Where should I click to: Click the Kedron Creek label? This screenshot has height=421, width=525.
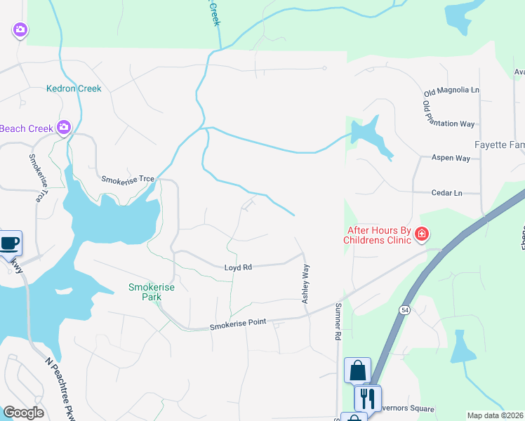74,88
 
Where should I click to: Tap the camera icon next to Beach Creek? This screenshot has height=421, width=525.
65,127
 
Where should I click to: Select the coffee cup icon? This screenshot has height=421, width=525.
9,243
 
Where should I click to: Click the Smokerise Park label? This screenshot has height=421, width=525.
151,292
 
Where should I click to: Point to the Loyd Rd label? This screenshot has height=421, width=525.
237,267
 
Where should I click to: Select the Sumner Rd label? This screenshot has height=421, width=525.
338,321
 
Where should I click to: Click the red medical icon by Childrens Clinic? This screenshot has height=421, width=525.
421,234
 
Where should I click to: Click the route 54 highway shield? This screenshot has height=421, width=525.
405,309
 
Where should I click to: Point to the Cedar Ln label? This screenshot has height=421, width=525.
447,192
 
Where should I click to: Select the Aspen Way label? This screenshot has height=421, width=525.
451,158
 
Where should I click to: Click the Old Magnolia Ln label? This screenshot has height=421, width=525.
451,91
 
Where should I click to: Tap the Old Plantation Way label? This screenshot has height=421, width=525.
448,114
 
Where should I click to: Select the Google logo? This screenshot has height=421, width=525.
23,413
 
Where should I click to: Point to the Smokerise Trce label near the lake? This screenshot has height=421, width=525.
127,179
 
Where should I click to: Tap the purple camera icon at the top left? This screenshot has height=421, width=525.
20,29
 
